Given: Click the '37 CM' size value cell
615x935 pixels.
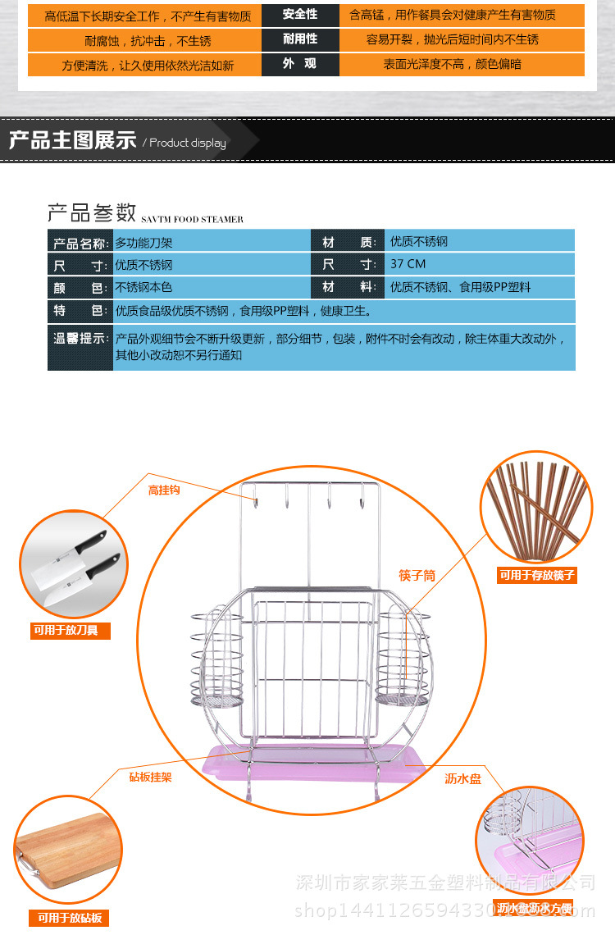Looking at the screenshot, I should pyautogui.click(x=408, y=264).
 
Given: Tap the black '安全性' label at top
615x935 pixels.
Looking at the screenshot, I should pyautogui.click(x=300, y=15).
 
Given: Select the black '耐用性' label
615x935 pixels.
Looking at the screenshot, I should pyautogui.click(x=300, y=39).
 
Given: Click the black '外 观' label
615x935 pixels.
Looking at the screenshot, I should pyautogui.click(x=300, y=64).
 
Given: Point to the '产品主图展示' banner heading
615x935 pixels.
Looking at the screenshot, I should pyautogui.click(x=72, y=140).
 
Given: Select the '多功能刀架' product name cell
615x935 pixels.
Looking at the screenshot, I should pyautogui.click(x=143, y=242).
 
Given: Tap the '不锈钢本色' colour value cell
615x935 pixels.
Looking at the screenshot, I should pyautogui.click(x=143, y=288).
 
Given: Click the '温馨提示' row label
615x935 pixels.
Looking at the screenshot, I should pyautogui.click(x=80, y=338).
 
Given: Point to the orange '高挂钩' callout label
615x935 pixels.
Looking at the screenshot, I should pyautogui.click(x=164, y=490).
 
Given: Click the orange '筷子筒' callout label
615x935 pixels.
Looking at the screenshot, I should pyautogui.click(x=417, y=576).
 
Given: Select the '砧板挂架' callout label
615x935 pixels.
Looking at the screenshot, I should pyautogui.click(x=150, y=776).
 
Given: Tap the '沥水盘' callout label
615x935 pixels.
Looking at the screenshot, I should pyautogui.click(x=463, y=778).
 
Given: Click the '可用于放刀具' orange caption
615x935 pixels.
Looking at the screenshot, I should pyautogui.click(x=70, y=631).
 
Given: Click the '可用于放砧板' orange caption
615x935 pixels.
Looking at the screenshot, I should pyautogui.click(x=68, y=918).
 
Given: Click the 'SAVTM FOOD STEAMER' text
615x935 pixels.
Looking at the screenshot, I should pyautogui.click(x=192, y=220).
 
